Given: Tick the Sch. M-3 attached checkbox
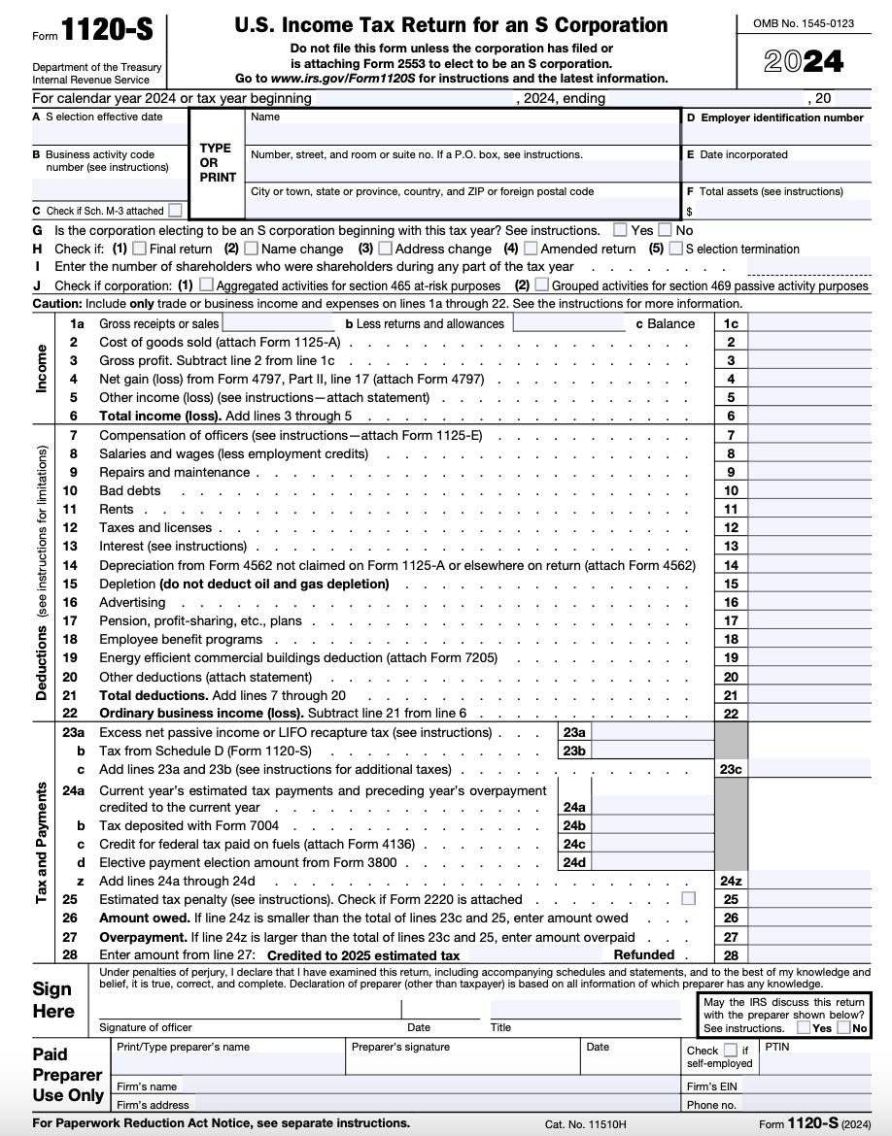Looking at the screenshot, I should coord(174,210).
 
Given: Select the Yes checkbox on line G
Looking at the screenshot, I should coord(620,230).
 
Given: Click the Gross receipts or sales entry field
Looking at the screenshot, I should coord(278,323).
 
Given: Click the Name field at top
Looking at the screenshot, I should coord(462,132).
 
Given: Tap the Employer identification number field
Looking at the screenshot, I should coord(777,133).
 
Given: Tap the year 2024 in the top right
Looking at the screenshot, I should coord(803,62).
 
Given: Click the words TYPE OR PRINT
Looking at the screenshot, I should coord(216,163).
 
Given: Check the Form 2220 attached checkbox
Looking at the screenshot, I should coord(689,899).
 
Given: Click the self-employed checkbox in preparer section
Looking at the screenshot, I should coord(730,1050).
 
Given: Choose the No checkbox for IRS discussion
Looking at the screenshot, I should coord(843,1027).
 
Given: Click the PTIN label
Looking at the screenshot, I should coord(777,1047).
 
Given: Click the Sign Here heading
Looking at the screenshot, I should coord(53,1000).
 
